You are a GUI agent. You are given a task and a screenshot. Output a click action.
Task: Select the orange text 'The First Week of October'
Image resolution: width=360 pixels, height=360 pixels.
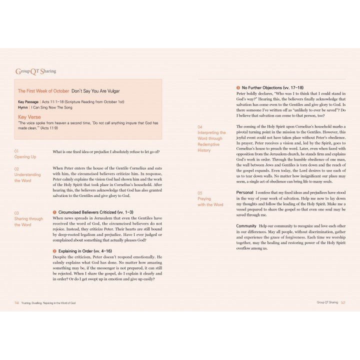coord(43,91)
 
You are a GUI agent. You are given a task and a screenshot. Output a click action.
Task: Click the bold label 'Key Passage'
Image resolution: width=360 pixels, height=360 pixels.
coord(28,102)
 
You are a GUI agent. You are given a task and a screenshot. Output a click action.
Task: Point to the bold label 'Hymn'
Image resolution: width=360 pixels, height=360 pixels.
coord(22,107)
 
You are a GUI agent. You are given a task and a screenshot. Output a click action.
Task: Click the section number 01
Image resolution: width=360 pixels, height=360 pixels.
coord(16,150)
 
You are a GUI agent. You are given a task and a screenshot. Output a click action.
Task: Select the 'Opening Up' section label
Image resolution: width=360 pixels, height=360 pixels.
coord(25,156)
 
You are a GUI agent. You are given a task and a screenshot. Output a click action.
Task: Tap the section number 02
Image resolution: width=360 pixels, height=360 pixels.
coord(16,169)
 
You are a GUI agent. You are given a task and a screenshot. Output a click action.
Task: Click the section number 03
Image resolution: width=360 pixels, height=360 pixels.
coord(16,213)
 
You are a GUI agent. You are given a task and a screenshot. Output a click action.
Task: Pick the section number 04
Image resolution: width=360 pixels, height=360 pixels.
coord(200,127)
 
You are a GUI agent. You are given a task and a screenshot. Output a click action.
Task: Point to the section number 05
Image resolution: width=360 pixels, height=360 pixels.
coord(200,193)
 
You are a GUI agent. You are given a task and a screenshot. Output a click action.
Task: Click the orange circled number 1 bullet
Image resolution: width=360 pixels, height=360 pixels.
coord(54,212)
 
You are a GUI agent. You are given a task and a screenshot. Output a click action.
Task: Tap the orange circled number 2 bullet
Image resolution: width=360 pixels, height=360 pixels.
coord(54,250)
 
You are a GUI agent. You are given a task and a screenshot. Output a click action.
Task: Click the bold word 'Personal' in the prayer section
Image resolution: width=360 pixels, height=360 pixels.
coord(244,192)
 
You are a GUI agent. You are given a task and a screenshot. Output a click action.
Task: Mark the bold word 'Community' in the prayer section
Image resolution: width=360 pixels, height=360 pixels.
coord(246,226)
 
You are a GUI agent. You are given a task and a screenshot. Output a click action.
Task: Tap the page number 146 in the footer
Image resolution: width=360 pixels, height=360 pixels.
coord(16,303)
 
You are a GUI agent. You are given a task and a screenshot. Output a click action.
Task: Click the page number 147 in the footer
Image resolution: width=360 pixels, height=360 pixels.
coord(343,302)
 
